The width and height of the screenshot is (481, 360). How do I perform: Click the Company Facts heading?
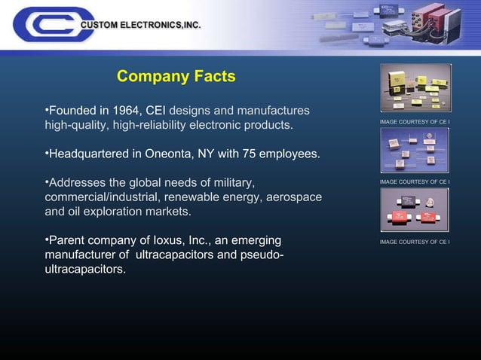tap(176, 77)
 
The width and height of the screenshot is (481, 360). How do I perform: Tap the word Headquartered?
tap(88, 154)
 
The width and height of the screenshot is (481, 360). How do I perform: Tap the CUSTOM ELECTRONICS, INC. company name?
tap(140, 25)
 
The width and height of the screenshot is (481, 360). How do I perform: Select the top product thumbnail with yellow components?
tap(415, 87)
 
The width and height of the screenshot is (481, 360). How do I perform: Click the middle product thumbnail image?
tap(415, 149)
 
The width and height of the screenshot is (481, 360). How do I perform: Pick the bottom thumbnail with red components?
tap(415, 209)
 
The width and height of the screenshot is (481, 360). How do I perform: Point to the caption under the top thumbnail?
tap(415, 121)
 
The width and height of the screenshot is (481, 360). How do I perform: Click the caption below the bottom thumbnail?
tap(415, 242)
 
